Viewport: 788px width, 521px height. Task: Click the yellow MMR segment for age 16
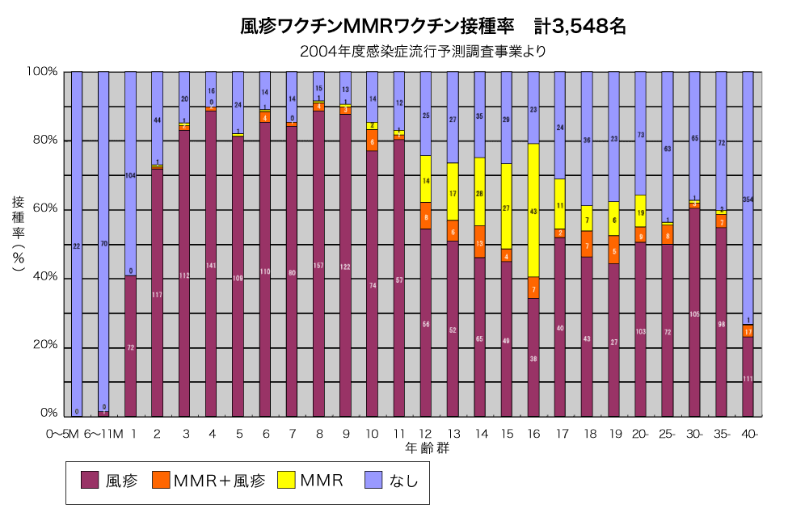pyautogui.click(x=533, y=210)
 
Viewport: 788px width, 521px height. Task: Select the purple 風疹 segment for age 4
pyautogui.click(x=211, y=263)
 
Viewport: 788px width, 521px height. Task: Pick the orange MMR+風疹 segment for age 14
pyautogui.click(x=480, y=242)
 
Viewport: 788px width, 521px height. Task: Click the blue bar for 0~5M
pyautogui.click(x=77, y=242)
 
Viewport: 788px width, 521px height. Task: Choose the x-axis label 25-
pyautogui.click(x=668, y=433)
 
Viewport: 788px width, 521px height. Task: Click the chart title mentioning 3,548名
pyautogui.click(x=434, y=27)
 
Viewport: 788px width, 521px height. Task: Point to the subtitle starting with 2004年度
pyautogui.click(x=423, y=53)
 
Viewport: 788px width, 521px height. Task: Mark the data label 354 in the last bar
pyautogui.click(x=748, y=200)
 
